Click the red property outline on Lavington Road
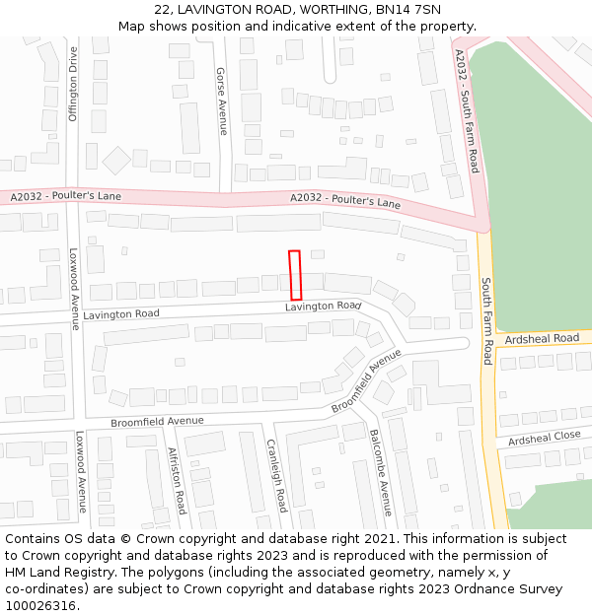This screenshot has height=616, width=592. tap(294, 275)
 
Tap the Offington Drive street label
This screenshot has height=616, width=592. tap(73, 84)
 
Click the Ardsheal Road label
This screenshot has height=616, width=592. tap(542, 338)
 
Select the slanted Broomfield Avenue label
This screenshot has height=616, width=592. tap(367, 380)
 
